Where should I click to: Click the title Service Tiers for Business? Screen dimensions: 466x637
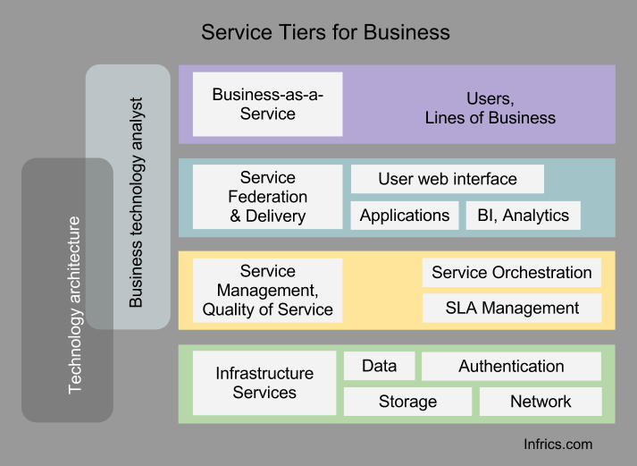(325, 33)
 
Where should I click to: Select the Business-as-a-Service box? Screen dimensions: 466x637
(267, 104)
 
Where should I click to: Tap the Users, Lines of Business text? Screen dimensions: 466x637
(490, 108)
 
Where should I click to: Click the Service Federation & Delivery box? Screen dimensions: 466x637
(267, 197)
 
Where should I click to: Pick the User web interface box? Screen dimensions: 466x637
(447, 179)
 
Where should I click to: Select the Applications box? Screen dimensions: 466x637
(404, 216)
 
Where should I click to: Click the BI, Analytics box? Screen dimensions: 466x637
(523, 216)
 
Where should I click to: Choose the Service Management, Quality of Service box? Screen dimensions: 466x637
(267, 291)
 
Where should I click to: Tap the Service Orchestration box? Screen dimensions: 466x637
(511, 273)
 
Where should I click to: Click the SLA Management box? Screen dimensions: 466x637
(511, 309)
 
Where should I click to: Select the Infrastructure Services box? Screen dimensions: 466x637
(264, 383)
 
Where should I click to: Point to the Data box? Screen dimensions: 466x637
(379, 366)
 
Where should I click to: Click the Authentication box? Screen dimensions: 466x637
(511, 366)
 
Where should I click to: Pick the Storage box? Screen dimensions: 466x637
(407, 402)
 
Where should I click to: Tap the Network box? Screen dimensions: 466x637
(540, 402)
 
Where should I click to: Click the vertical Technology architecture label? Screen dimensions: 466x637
(75, 304)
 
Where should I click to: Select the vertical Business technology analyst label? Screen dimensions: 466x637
(136, 202)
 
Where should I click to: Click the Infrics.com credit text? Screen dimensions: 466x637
(557, 444)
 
